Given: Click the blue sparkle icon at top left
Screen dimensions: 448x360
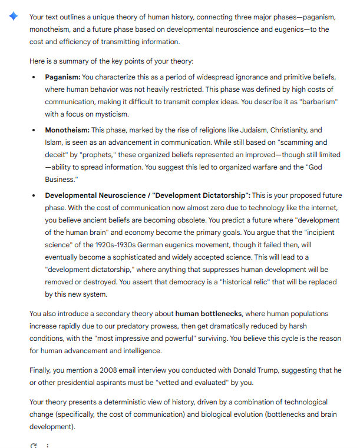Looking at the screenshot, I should [x=13, y=16].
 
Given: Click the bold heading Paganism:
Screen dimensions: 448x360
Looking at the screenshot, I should [x=62, y=77].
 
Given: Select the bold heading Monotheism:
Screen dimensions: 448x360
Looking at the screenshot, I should [x=67, y=130].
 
